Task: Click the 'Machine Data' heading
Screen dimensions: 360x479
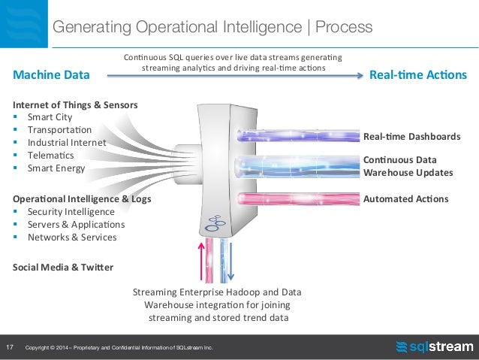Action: coord(52,75)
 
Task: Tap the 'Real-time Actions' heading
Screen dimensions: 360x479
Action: coord(419,75)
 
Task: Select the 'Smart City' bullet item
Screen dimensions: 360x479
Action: coord(50,117)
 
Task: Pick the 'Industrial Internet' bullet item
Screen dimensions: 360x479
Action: coord(67,143)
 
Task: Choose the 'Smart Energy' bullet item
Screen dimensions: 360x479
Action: coord(56,168)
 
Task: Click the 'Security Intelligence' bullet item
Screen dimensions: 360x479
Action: coord(71,212)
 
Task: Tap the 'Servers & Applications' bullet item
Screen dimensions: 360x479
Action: coord(76,225)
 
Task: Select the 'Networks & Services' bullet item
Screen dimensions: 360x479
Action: coord(72,237)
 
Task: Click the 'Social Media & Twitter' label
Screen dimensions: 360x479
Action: coord(63,267)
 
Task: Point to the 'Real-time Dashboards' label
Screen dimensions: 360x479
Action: coord(411,137)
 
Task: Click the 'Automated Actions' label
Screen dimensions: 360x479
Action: coord(405,199)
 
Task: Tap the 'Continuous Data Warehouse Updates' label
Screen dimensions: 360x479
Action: coord(408,166)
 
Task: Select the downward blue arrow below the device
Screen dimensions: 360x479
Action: coord(231,259)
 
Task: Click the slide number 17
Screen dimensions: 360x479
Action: coord(11,347)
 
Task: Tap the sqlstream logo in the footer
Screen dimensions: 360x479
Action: coord(434,346)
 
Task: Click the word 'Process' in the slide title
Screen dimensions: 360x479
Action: coord(344,27)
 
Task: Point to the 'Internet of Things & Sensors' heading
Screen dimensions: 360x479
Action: coord(75,104)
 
